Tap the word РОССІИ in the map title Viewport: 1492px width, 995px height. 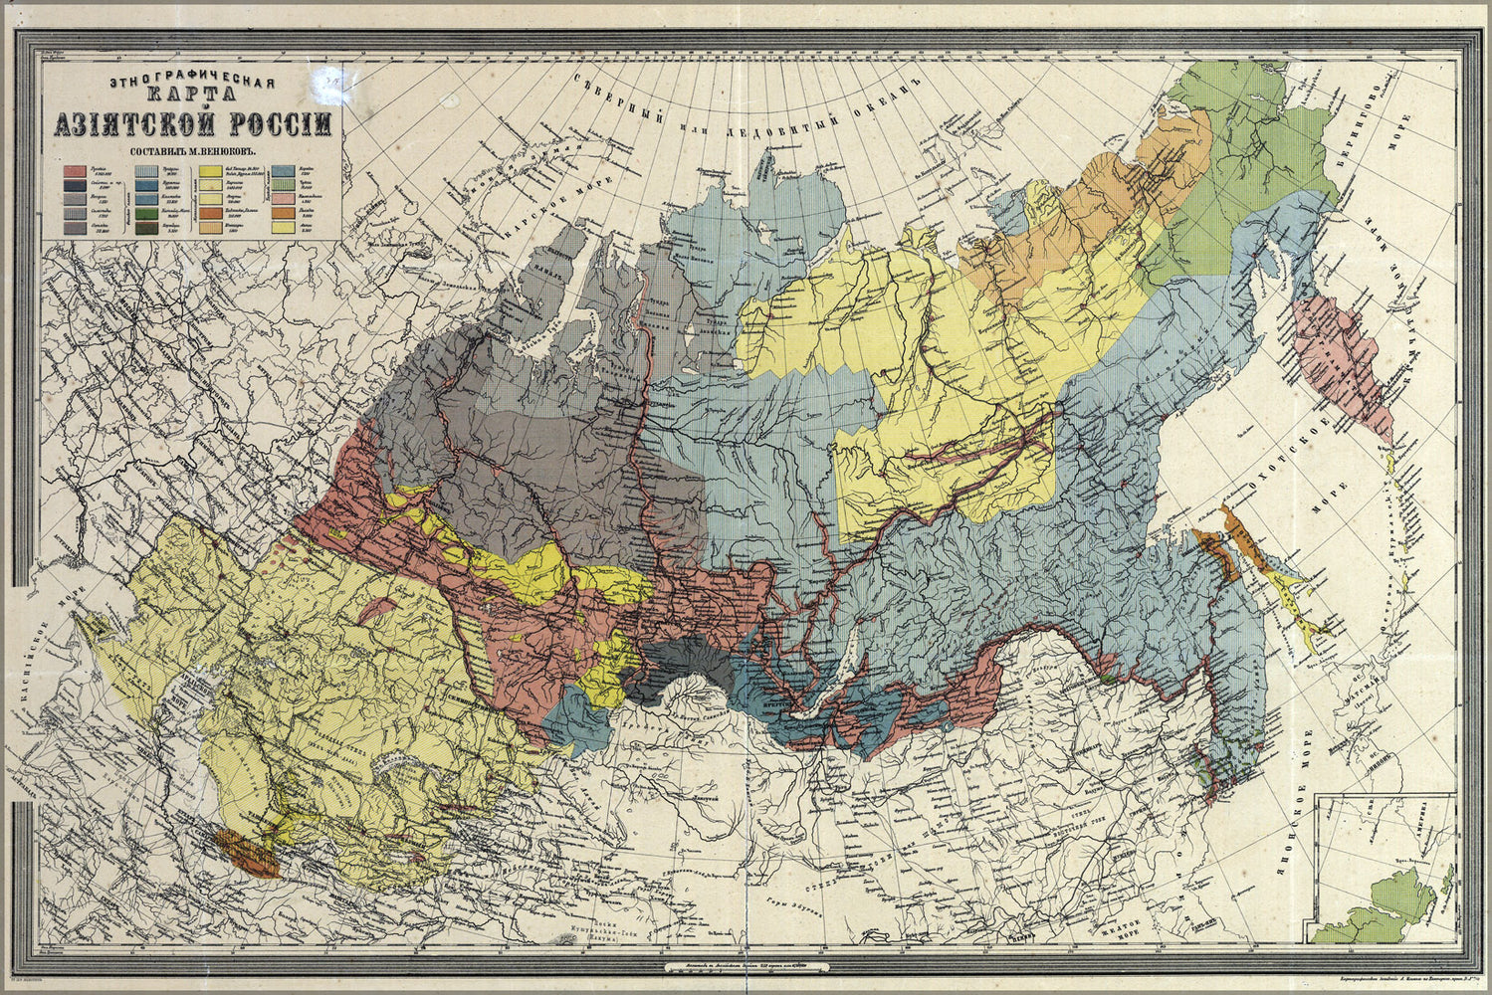pos(284,125)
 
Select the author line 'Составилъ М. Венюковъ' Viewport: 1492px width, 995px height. pos(193,152)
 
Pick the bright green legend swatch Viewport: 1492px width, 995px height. pos(146,213)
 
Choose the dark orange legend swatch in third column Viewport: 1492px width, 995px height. pos(210,213)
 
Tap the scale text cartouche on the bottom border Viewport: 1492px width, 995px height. pos(745,964)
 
